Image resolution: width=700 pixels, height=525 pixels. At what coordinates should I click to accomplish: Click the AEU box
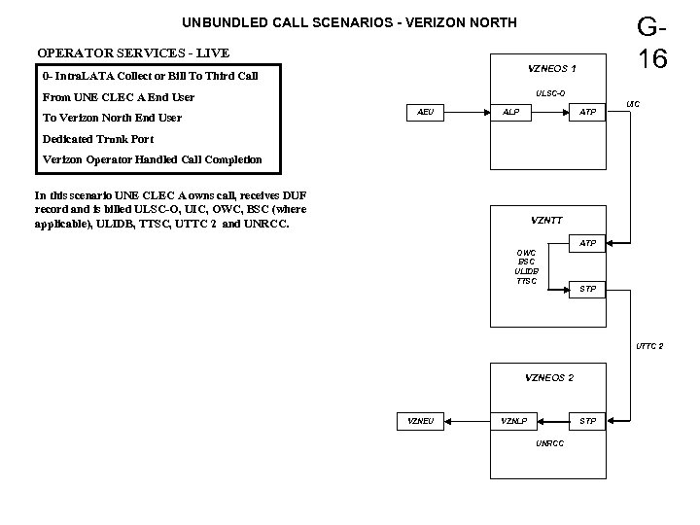tap(425, 113)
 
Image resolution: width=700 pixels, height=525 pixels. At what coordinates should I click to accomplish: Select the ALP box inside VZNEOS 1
tap(510, 113)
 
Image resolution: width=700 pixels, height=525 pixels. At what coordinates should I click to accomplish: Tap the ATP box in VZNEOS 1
tap(588, 113)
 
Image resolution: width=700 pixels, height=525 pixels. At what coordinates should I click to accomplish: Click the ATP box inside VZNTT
tap(588, 242)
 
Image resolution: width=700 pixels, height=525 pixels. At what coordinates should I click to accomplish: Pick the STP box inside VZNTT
tap(588, 289)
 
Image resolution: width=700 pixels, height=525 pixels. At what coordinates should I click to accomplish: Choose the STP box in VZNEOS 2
tap(588, 421)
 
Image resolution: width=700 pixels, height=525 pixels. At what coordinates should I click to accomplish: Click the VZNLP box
tap(513, 421)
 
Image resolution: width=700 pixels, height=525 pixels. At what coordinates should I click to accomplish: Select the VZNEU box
tap(420, 421)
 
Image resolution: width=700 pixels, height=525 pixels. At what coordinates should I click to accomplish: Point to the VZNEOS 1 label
tap(551, 69)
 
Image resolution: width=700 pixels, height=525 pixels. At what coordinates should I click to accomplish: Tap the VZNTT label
tap(545, 220)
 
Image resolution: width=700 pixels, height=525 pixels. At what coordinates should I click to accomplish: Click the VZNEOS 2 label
tap(549, 377)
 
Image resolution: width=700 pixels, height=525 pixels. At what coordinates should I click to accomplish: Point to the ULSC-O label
tap(550, 93)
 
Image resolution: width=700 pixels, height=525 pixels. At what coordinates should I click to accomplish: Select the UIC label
tap(633, 103)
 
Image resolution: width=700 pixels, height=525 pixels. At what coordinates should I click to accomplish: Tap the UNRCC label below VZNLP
tap(549, 444)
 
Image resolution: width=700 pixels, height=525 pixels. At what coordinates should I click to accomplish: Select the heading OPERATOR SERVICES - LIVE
tap(133, 52)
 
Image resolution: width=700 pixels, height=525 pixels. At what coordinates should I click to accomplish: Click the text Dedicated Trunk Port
tap(98, 139)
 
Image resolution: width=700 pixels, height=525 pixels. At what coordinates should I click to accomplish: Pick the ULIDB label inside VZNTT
tap(526, 271)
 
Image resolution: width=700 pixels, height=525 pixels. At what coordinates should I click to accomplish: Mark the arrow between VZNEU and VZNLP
tap(468, 421)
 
